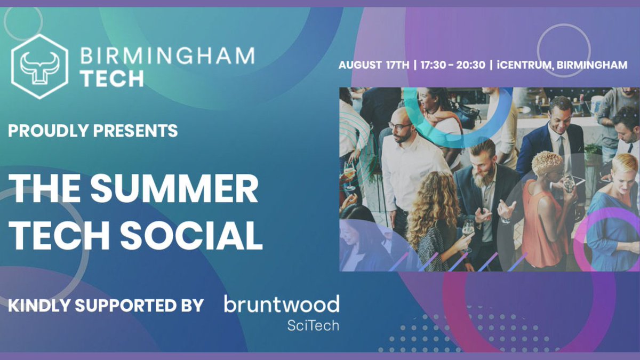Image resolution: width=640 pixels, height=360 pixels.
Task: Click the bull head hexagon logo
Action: pos(39,67)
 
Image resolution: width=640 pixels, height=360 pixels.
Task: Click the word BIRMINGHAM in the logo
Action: pos(167,56)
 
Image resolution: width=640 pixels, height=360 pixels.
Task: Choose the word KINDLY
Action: pos(38,306)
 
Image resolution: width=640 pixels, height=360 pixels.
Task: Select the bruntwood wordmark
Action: pos(281,305)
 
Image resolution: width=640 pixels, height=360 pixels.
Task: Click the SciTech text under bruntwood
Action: pos(313,325)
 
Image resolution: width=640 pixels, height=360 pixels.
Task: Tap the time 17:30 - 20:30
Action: pos(452,65)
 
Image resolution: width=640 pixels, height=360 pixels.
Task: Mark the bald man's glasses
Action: pos(400,126)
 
